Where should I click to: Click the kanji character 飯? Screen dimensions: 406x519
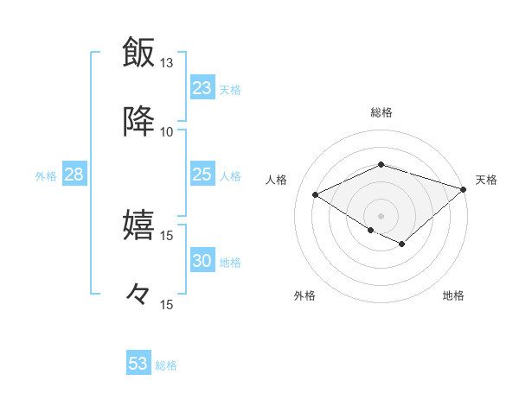pos(138,52)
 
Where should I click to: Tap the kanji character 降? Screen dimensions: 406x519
pos(138,121)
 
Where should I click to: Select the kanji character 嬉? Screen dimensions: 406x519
pos(138,225)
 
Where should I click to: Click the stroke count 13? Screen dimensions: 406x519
pos(167,63)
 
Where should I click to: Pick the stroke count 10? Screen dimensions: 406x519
pos(167,131)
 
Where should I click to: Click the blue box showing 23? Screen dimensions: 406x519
pos(202,88)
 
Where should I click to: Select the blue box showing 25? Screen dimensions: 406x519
pos(202,175)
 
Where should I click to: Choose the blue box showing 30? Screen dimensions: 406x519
pos(202,262)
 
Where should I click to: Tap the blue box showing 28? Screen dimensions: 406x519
pos(74,175)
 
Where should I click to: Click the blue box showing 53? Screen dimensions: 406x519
pos(138,364)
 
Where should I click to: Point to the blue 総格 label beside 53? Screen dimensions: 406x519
pos(166,365)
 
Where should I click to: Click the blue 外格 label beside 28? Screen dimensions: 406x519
pos(46,176)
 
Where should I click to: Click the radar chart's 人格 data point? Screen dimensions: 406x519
pos(316,195)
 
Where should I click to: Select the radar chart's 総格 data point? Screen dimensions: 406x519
pos(381,164)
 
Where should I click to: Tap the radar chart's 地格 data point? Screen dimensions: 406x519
pos(402,244)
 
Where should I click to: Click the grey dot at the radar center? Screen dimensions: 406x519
pos(381,215)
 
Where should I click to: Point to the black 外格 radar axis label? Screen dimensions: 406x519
pos(304,295)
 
